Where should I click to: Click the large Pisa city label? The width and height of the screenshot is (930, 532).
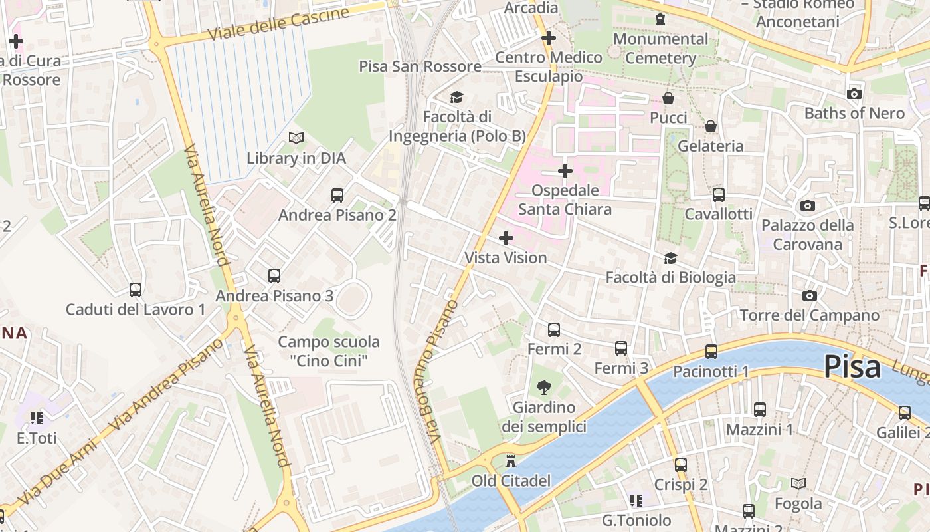852,367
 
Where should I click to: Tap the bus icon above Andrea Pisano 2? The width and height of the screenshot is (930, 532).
337,196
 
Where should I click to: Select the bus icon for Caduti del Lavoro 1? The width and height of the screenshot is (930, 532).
136,290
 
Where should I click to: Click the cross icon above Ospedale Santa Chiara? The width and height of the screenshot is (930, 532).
565,171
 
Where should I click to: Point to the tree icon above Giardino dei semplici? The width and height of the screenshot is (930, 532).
543,388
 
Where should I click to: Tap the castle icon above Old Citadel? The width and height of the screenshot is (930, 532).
511,461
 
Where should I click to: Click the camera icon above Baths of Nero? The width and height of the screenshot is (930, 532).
854,94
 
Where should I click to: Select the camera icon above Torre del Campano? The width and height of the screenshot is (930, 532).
809,295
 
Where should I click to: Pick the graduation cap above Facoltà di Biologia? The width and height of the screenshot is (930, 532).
670,258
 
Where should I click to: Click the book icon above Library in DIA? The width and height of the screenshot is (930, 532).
296,138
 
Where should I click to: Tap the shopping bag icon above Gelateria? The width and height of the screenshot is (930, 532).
711,126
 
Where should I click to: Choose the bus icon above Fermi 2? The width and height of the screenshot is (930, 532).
554,330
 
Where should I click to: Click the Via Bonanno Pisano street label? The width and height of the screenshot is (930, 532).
442,372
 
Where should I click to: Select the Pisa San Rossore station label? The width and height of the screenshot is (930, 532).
420,66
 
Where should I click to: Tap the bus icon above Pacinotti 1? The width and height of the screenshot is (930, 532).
711,352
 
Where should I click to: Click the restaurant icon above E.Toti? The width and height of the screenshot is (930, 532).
37,418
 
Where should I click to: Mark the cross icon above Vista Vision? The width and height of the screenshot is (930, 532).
506,237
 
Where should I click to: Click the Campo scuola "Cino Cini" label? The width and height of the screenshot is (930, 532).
329,351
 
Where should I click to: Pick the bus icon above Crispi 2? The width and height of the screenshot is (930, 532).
681,465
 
